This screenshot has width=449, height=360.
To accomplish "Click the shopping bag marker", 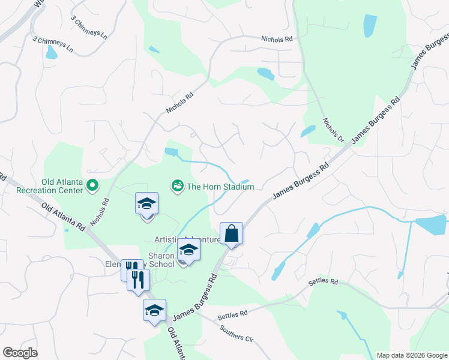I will [x=231, y=234].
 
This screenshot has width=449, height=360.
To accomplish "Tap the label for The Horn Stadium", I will [x=220, y=187].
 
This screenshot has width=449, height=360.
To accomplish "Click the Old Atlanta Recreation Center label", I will [x=61, y=187].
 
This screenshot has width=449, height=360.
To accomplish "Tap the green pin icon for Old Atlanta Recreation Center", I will [x=92, y=187].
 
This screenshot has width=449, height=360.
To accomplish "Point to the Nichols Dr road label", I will [x=331, y=130].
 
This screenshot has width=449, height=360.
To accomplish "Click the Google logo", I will [x=20, y=353].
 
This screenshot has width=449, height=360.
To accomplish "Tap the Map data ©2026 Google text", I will [x=411, y=355].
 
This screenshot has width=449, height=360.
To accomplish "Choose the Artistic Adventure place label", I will [x=187, y=239].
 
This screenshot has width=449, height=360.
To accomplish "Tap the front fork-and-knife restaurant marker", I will [x=138, y=280].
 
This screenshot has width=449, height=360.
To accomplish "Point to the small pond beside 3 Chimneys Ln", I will [x=52, y=53].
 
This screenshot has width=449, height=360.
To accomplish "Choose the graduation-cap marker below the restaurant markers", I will [x=154, y=311].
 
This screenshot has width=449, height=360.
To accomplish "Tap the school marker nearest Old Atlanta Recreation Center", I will [x=146, y=205].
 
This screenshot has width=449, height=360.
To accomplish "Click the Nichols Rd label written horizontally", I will [x=277, y=39].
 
